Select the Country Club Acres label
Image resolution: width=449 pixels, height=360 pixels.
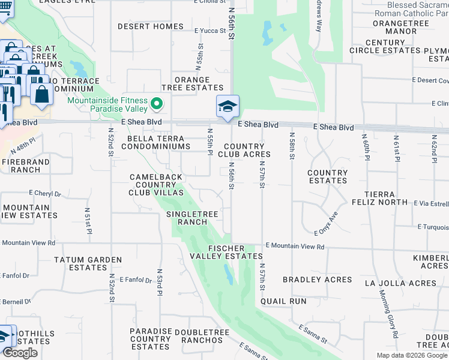pyautogui.click(x=244, y=150)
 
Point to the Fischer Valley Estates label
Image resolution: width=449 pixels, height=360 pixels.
pyautogui.click(x=226, y=252)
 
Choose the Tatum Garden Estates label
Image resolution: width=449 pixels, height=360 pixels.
pyautogui.click(x=88, y=264)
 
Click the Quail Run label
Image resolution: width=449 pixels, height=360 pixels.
pyautogui.click(x=286, y=301)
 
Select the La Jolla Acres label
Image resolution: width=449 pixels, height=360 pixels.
pyautogui.click(x=410, y=283)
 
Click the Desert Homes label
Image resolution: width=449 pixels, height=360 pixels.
pyautogui.click(x=150, y=26)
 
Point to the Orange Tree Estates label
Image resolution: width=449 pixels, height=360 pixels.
pyautogui.click(x=191, y=83)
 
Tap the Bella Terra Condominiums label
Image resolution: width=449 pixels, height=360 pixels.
pyautogui.click(x=155, y=142)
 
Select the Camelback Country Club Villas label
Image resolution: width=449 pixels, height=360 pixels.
pyautogui.click(x=156, y=185)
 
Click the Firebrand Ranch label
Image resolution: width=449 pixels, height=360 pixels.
pyautogui.click(x=21, y=166)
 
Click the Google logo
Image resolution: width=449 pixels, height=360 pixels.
pyautogui.click(x=20, y=353)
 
